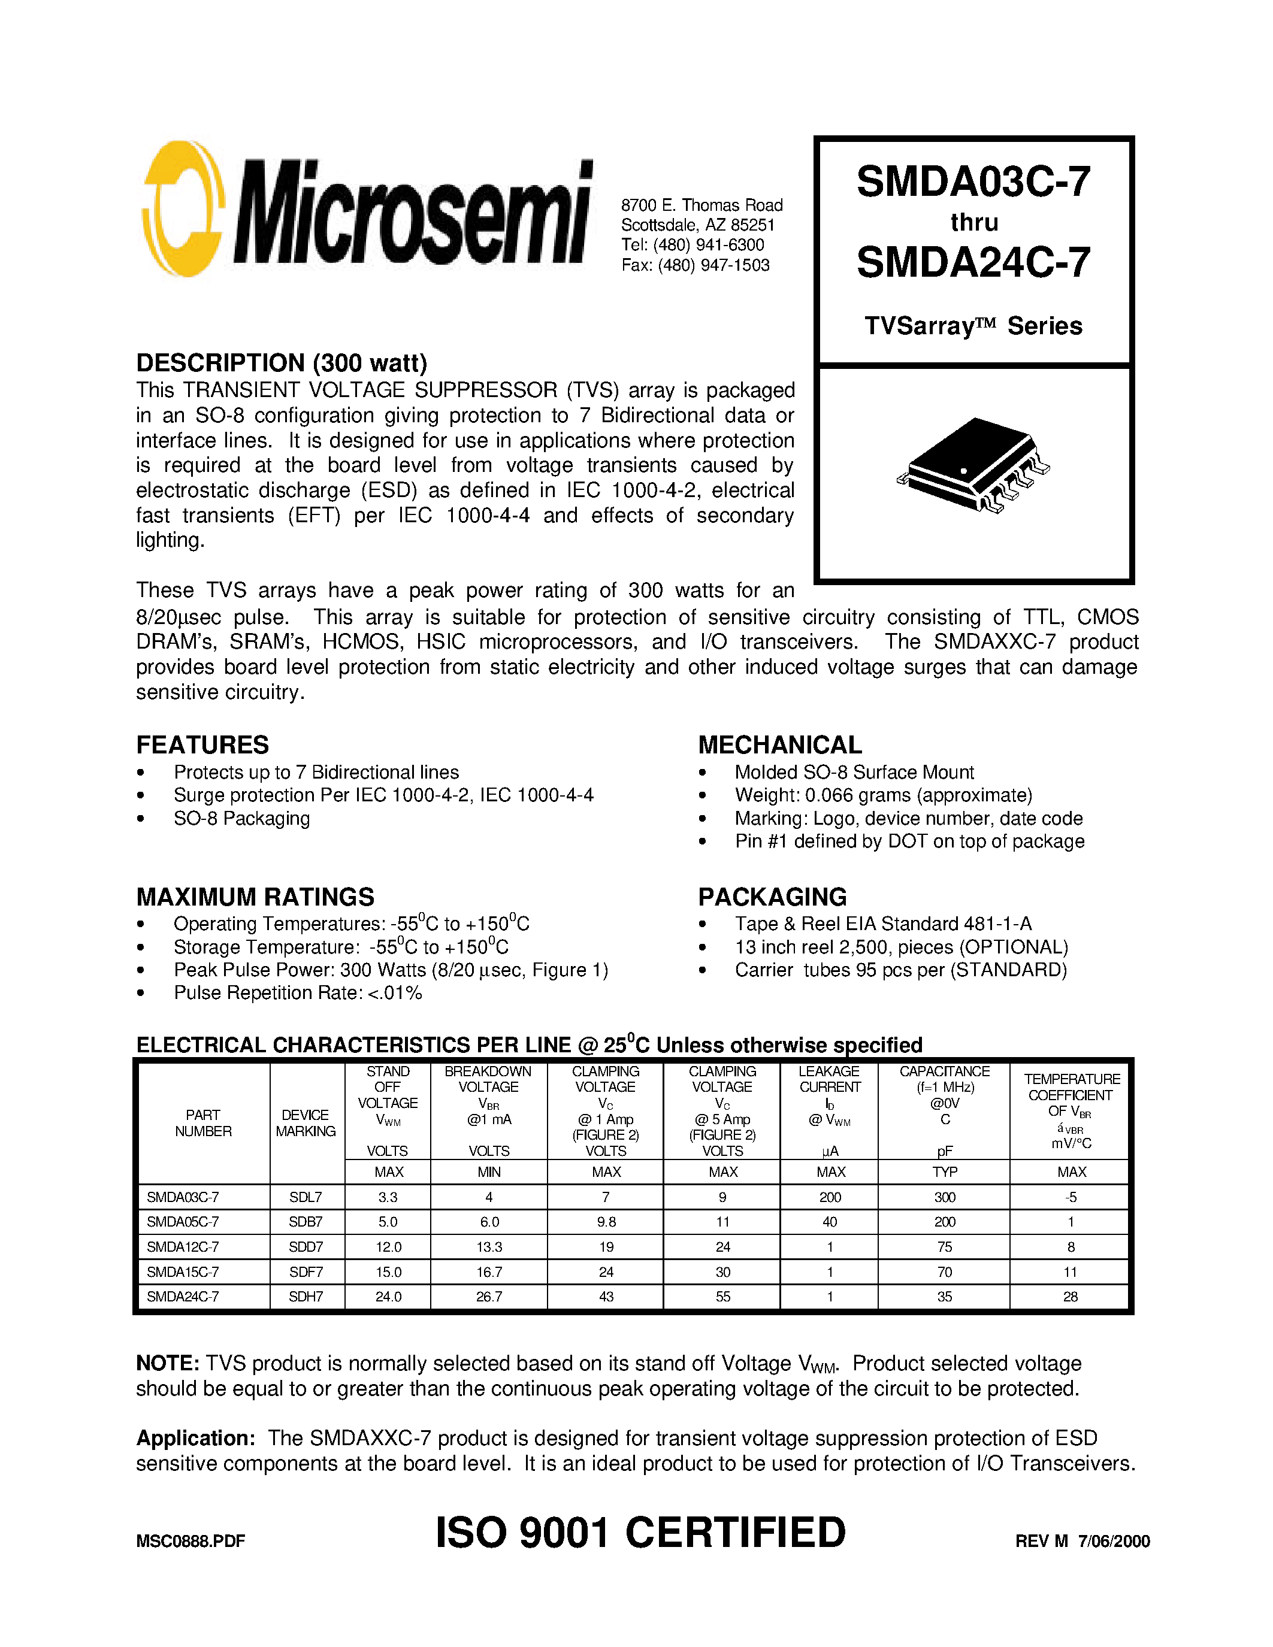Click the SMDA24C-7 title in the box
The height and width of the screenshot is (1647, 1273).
point(973,262)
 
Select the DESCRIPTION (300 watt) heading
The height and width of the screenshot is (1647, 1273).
point(282,363)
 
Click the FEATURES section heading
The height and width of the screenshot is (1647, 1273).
point(202,744)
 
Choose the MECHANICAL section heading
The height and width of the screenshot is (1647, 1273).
point(780,744)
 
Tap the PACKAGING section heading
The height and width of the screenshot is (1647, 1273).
point(772,897)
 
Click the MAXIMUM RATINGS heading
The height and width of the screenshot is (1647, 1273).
point(255,897)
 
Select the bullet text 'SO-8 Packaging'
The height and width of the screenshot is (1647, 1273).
point(241,818)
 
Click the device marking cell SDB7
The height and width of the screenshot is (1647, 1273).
point(306,1222)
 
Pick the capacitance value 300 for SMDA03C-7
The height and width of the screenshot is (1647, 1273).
point(944,1197)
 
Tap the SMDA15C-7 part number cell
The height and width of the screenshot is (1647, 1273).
point(183,1271)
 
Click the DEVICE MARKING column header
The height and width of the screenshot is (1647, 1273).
point(306,1123)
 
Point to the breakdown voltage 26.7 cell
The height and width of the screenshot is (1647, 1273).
point(489,1296)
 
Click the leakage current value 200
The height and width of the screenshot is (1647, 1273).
point(830,1197)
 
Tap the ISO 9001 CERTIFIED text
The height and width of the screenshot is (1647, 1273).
point(640,1533)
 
